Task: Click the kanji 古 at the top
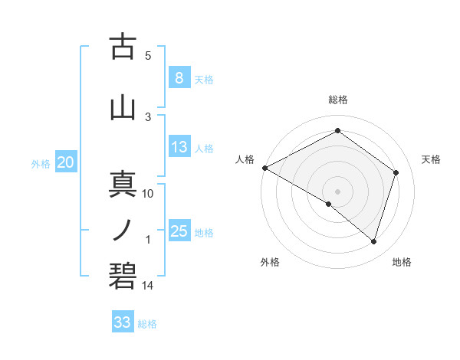coord(123,47)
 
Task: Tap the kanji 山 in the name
coord(123,107)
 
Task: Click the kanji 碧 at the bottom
coord(123,275)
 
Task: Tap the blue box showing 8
coord(179,77)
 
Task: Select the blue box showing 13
coord(179,147)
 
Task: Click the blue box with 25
coord(179,231)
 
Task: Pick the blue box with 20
coord(66,162)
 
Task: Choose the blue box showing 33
coord(123,322)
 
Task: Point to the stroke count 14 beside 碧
coord(148,286)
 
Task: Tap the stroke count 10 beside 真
coord(148,194)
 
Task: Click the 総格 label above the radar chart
coord(338,100)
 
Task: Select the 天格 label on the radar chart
coord(432,159)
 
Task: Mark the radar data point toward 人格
coord(264,168)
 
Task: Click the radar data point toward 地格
coord(374,242)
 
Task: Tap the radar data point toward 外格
coord(329,205)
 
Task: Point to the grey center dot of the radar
coord(337,191)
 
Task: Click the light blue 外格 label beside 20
coord(41,163)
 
